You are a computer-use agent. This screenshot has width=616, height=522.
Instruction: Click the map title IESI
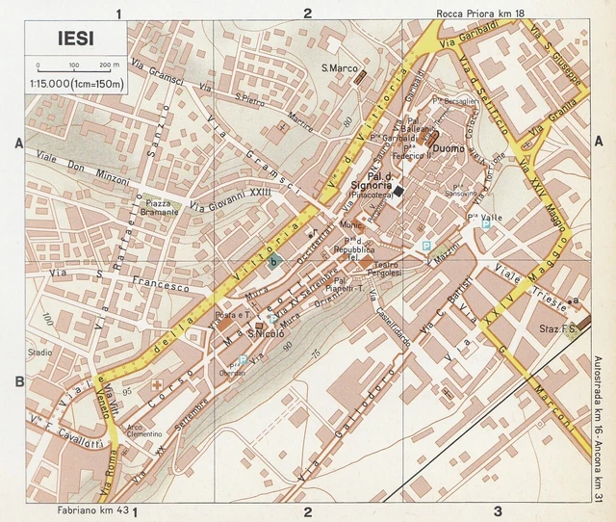[63, 41]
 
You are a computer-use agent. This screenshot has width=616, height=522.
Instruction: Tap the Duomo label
[449, 149]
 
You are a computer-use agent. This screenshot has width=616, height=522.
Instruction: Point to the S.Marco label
[340, 68]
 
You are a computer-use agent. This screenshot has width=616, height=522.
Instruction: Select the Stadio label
[39, 352]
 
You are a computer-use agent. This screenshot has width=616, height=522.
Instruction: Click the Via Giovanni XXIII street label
[231, 199]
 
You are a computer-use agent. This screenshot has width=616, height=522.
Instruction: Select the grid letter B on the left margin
[18, 382]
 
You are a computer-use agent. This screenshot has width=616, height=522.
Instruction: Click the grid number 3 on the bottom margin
[497, 511]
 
